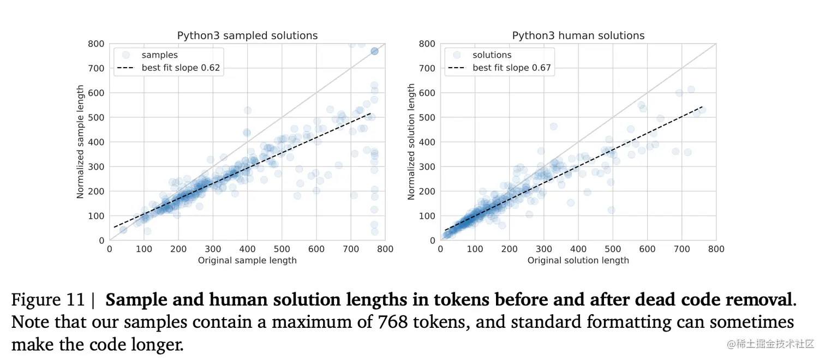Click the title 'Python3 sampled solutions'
[x=247, y=35]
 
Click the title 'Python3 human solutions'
[x=578, y=35]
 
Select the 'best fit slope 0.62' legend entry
[x=181, y=68]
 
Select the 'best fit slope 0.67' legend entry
[x=511, y=68]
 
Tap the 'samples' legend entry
[x=159, y=55]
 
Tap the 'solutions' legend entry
[x=492, y=55]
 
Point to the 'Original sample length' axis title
[x=247, y=260]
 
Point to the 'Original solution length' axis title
[x=578, y=260]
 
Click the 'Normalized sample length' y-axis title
[x=80, y=142]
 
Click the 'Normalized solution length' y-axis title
[x=411, y=142]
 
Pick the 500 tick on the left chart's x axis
[x=282, y=249]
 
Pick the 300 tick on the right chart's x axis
[x=543, y=249]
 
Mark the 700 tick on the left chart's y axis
[x=97, y=68]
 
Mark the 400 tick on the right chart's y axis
[x=428, y=142]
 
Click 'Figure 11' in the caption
[x=48, y=300]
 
